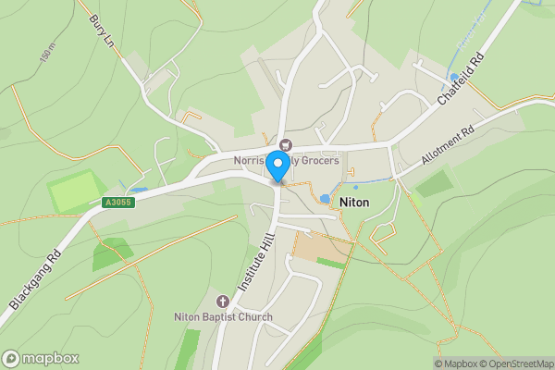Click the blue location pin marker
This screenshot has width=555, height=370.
pos(277,167)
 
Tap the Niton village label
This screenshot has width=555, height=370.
pos(354,201)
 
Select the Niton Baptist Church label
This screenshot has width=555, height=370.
pos(223,317)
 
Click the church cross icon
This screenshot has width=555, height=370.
pos(223,302)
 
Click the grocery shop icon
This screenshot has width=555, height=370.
pos(285,144)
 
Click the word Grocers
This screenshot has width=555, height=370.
pos(317,161)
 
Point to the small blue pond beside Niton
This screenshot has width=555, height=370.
pos(325,198)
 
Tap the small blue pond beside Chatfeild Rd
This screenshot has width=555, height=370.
pos(452,78)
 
